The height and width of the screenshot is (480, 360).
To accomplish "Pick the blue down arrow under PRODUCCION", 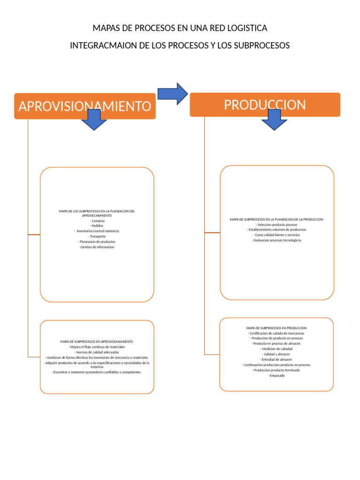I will tap(274, 120).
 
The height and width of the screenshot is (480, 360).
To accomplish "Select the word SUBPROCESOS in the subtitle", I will tap(264, 45).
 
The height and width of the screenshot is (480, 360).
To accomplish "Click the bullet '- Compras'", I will tap(97, 221).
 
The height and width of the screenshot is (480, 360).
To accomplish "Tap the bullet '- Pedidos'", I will tap(97, 226).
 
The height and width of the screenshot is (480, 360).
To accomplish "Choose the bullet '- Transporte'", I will tap(97, 236).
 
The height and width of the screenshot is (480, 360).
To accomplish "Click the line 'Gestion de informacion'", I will tap(97, 247).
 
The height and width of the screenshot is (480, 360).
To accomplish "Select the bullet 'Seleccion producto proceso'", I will tap(277, 225).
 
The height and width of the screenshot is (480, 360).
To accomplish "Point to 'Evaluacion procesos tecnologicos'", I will tap(277, 240).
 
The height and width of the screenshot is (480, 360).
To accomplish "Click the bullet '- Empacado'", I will tap(277, 375).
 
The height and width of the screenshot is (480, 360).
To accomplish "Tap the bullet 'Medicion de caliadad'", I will tap(277, 349).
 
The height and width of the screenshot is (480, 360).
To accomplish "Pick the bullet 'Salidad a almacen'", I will tap(277, 354).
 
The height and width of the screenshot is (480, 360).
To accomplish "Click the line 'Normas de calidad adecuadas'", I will tap(97, 352).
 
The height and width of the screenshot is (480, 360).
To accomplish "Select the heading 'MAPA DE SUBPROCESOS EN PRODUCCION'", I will tap(277, 328).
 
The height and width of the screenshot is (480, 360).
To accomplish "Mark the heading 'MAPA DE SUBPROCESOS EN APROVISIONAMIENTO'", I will tap(97, 342).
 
